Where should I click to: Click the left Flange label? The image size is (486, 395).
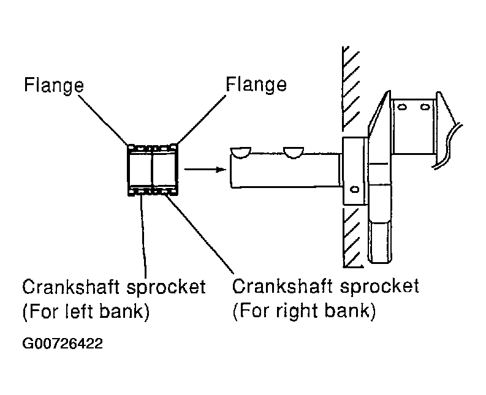pos(54,85)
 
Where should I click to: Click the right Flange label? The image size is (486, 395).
pos(256,84)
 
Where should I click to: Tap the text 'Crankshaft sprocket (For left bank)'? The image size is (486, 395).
pos(114,299)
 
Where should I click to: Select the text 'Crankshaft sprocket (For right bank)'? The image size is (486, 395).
pos(325,298)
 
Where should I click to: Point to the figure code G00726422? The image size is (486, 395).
pos(63,344)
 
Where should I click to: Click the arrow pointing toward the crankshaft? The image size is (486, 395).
pos(205,169)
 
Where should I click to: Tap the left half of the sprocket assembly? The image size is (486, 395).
pos(140,170)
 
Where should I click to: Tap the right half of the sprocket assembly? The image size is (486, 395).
pos(165,170)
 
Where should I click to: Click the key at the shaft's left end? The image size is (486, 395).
pos(240,152)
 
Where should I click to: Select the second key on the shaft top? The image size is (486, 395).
pos(294,152)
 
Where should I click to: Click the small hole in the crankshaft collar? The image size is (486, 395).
pos(354,189)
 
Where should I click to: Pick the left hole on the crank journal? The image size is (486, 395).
pos(402,107)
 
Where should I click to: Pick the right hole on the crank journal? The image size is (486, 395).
pos(425,107)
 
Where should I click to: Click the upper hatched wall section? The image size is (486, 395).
pos(351,89)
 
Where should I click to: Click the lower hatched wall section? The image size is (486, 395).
pos(352,238)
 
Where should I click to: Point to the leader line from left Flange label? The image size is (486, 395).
pos(103,120)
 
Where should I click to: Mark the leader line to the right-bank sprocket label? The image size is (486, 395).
pos(200,234)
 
